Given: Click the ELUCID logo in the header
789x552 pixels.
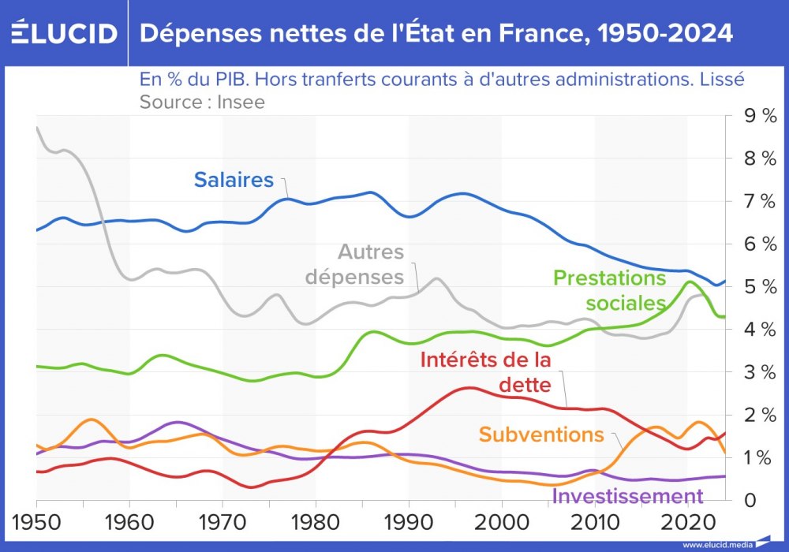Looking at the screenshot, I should pos(65,33).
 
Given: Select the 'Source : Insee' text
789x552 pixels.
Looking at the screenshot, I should pos(202,102).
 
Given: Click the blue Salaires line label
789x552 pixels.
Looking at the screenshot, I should pos(234,181).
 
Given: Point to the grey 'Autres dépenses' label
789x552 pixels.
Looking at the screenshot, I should pos(371,265).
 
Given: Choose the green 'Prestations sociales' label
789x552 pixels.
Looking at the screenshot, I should pos(610,291).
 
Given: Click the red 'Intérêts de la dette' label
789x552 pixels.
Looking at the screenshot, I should pos(486,371).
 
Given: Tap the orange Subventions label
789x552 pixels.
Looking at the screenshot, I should pos(541,435).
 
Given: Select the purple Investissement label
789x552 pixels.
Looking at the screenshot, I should pos(627,496).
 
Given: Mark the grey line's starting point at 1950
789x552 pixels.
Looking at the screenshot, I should pos(37,126).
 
